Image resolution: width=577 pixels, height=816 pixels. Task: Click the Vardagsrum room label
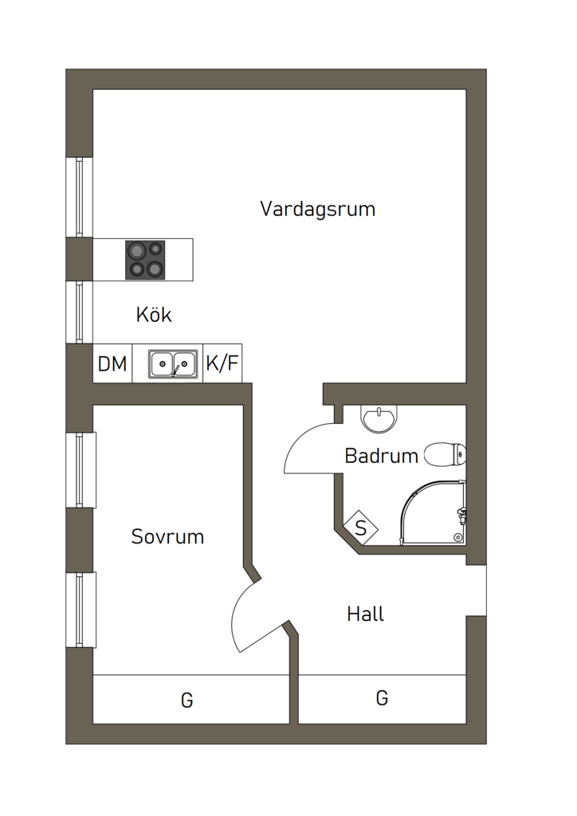pos(317,210)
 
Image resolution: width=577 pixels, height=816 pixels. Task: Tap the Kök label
pos(154,315)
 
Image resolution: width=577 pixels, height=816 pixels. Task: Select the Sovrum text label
pos(167,537)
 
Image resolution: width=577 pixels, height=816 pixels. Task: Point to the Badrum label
pos(381,457)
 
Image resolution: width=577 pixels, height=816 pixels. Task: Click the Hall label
pos(366,614)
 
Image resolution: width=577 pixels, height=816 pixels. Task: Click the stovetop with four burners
pos(145,260)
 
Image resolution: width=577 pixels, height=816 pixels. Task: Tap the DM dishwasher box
pos(112,364)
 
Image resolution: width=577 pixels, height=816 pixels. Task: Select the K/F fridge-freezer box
pos(222,364)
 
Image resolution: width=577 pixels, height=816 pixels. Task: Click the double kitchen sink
pos(173,364)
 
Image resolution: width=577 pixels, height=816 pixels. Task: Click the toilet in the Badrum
pos(446,455)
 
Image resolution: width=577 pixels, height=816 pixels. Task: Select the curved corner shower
pos(434,514)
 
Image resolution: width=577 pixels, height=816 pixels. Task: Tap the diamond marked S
pos(361,528)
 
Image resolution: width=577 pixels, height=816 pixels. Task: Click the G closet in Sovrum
pos(187,700)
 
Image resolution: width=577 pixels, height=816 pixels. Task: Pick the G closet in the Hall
pos(382,698)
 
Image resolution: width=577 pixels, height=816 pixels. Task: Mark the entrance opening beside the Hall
pos(476,590)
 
